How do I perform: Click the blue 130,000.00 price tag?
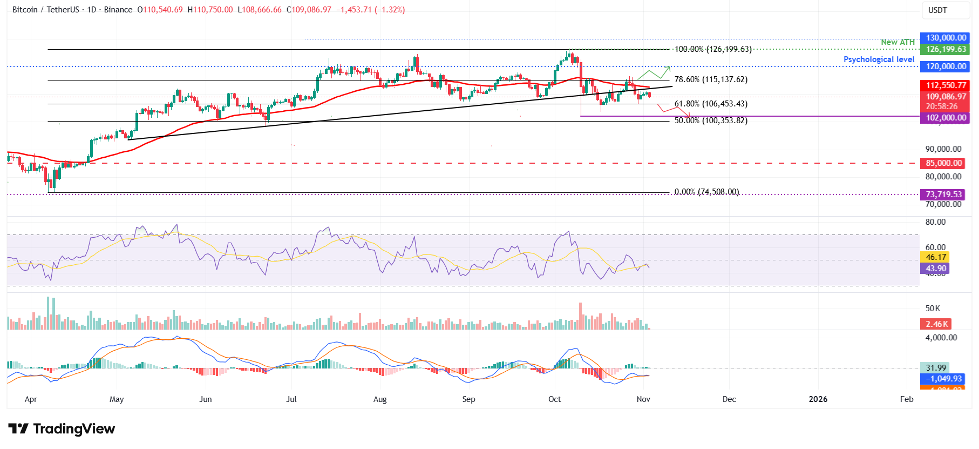[x=946, y=38]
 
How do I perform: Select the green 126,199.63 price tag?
[x=946, y=49]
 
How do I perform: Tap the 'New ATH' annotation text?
[x=898, y=42]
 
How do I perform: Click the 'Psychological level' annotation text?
[x=879, y=59]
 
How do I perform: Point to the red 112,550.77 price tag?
[x=946, y=85]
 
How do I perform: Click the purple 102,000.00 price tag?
[x=946, y=118]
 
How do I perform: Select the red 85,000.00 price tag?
[x=943, y=163]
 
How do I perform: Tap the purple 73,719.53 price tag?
[x=943, y=195]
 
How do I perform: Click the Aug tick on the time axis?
[x=380, y=399]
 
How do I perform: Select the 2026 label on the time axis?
[x=818, y=399]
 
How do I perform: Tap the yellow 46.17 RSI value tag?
[x=936, y=257]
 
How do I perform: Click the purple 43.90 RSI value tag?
[x=936, y=269]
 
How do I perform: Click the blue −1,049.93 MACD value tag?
[x=943, y=379]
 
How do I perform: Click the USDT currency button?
[x=937, y=10]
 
